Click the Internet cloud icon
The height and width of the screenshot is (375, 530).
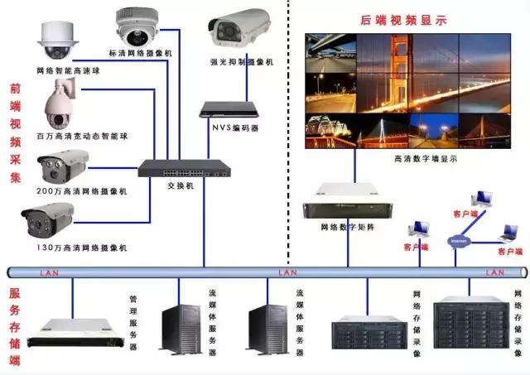coord(458,241)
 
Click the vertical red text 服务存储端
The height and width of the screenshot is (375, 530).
coord(15,325)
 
